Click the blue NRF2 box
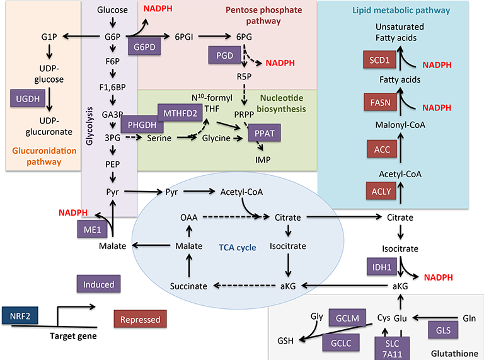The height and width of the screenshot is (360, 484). (18, 315)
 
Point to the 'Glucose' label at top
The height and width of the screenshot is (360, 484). (113, 10)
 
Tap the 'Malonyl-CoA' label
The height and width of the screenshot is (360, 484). (400, 124)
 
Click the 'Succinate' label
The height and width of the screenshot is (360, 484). (188, 286)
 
